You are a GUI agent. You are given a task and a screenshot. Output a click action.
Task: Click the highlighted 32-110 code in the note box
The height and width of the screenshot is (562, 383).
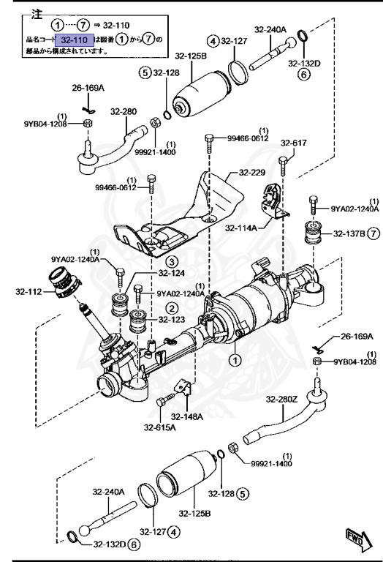click(x=75, y=40)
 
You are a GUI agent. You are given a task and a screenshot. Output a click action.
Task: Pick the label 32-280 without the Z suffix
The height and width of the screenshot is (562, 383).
click(x=124, y=110)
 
